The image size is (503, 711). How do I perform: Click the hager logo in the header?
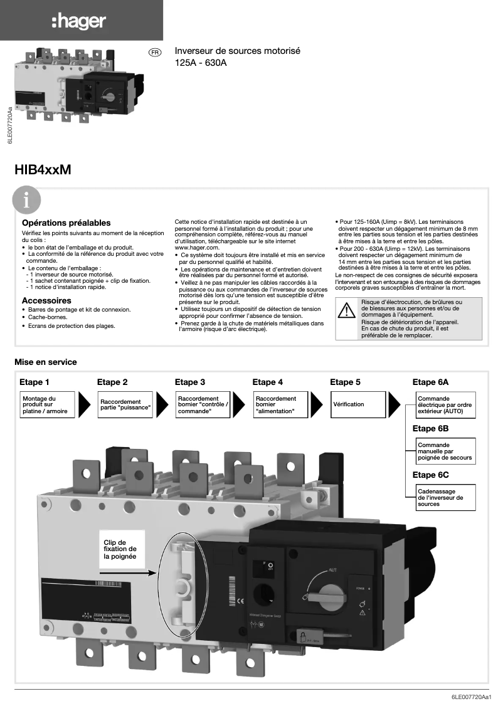(x=78, y=23)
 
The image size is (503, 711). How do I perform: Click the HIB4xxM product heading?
(x=43, y=170)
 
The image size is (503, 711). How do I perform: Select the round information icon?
(x=26, y=201)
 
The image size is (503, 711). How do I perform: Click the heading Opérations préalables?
(x=66, y=223)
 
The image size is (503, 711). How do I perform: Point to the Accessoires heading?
(x=46, y=300)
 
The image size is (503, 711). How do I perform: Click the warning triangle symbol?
(x=346, y=312)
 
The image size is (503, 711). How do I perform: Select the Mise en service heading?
(x=46, y=362)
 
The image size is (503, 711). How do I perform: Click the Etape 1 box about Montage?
(x=48, y=404)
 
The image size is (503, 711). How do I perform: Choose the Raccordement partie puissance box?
(x=125, y=404)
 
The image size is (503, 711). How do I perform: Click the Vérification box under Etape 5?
(x=356, y=404)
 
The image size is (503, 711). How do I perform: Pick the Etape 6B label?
(x=430, y=429)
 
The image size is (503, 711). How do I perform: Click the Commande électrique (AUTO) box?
(x=445, y=404)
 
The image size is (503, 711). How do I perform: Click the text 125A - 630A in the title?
(x=201, y=63)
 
